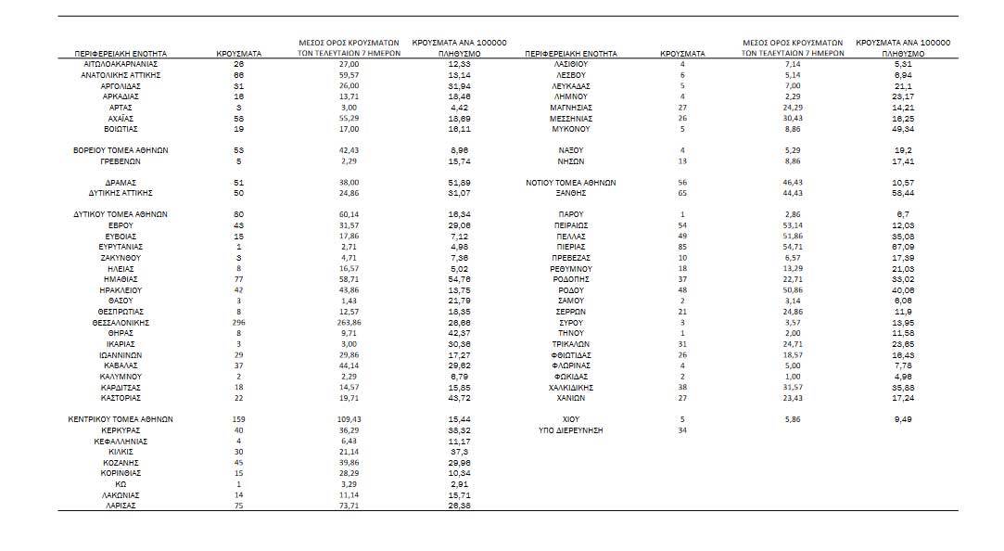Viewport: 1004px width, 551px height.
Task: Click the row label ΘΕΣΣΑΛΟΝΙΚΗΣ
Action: click(x=121, y=321)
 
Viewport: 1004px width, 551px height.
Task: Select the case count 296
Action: click(x=238, y=321)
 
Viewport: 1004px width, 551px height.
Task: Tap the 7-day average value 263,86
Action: click(x=349, y=321)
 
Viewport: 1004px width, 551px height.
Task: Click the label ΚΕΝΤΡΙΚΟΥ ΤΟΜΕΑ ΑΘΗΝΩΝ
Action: click(x=121, y=419)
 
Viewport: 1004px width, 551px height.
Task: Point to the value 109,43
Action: click(x=349, y=419)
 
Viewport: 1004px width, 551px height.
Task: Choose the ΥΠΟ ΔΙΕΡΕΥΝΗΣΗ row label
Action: click(x=571, y=430)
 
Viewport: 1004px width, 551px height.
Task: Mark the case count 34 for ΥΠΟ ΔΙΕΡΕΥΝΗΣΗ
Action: click(x=682, y=430)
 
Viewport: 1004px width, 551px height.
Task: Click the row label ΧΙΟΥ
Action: click(x=571, y=419)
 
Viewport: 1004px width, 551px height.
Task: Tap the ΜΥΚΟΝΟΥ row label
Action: click(x=571, y=129)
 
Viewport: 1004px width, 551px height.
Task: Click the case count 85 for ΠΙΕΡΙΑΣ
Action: click(x=682, y=247)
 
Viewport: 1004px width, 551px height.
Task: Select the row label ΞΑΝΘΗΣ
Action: click(x=571, y=193)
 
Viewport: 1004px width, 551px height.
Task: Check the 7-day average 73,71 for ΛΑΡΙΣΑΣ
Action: click(x=349, y=505)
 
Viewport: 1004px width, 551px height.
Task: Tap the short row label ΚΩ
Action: click(x=121, y=483)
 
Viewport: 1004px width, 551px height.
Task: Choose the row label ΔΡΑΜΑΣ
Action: click(x=121, y=183)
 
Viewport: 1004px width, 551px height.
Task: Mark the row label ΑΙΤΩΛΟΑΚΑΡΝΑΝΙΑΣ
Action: click(x=121, y=64)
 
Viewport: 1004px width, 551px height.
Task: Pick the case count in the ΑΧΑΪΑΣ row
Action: click(x=238, y=118)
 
